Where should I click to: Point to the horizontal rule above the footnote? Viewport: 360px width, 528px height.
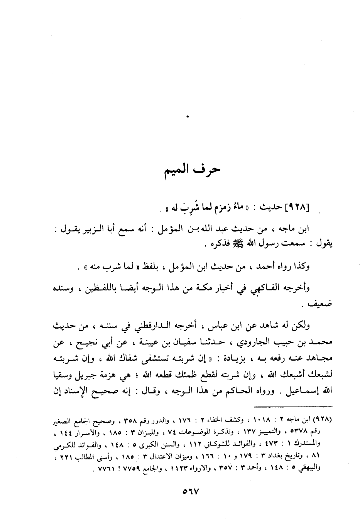[293, 406]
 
